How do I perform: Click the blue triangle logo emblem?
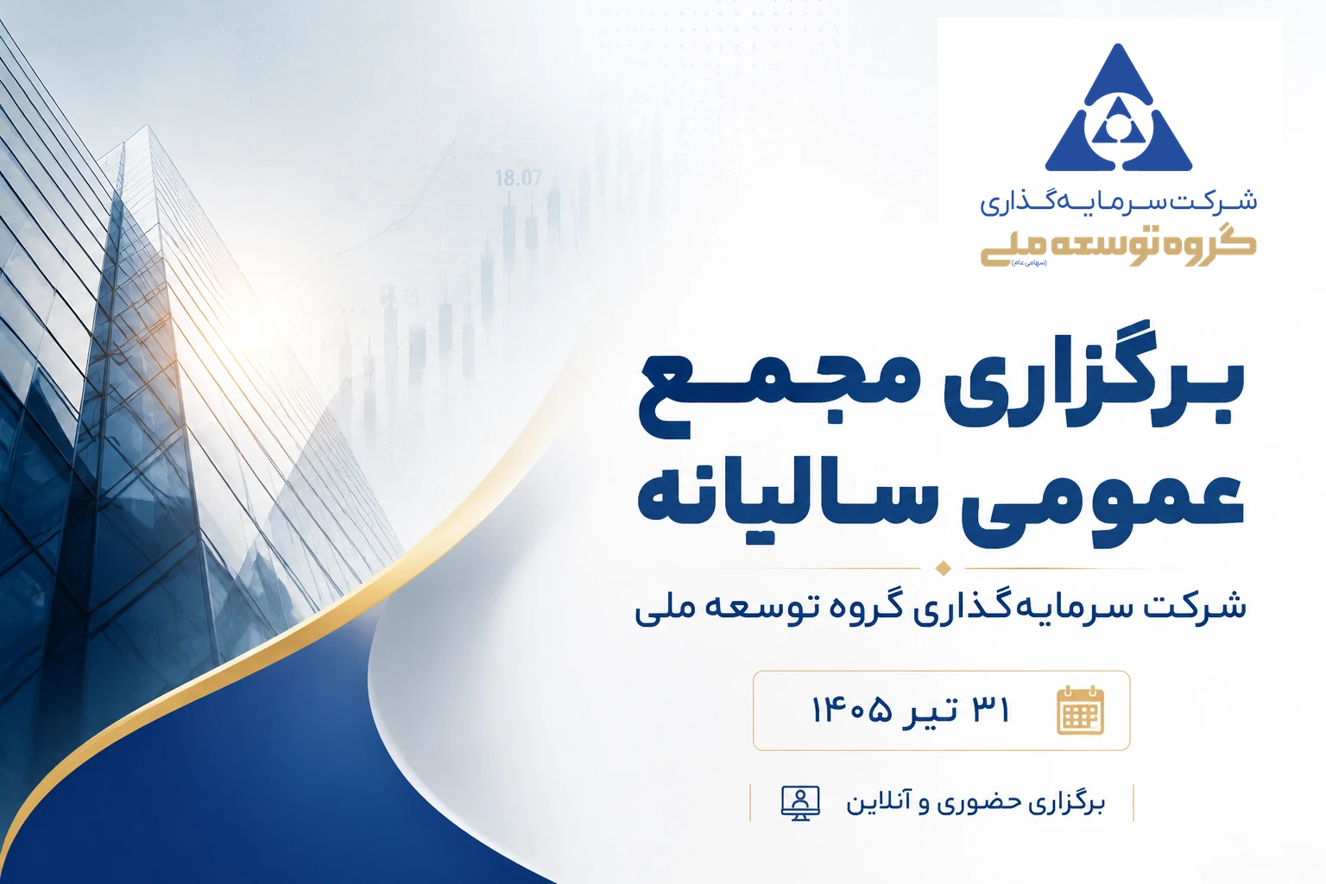click(1118, 110)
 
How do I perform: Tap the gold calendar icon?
click(1080, 710)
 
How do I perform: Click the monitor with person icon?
click(800, 803)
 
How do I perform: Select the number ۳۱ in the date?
click(991, 710)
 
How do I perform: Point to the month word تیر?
click(930, 710)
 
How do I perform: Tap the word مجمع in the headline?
click(780, 394)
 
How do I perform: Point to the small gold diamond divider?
click(943, 568)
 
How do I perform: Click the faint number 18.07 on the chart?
click(518, 178)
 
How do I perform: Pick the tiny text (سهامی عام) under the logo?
click(1029, 262)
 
